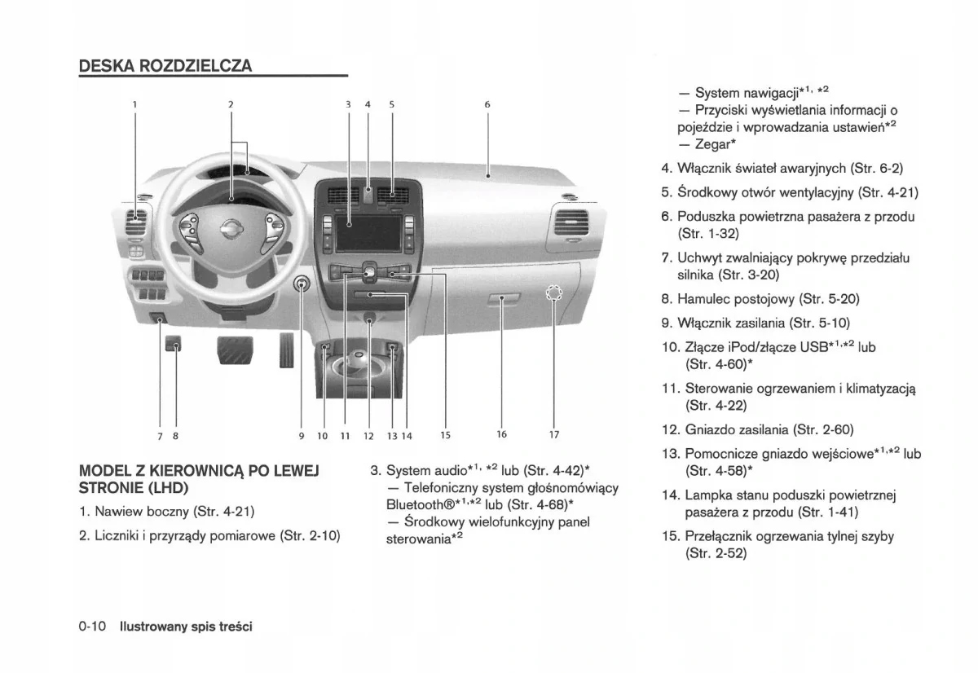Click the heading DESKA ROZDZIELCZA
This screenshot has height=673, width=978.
[165, 66]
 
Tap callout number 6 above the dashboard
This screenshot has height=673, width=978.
[487, 104]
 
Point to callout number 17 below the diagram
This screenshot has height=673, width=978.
[554, 435]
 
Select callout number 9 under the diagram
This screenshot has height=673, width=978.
[301, 436]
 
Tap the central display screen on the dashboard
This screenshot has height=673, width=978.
[368, 233]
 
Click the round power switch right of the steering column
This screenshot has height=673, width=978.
[302, 284]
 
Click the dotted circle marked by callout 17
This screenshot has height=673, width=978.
[554, 293]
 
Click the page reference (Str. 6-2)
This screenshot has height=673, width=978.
[876, 169]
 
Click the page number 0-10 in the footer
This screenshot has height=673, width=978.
[93, 627]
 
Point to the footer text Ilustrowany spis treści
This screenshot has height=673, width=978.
[186, 627]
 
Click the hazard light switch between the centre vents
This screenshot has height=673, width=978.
[368, 194]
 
